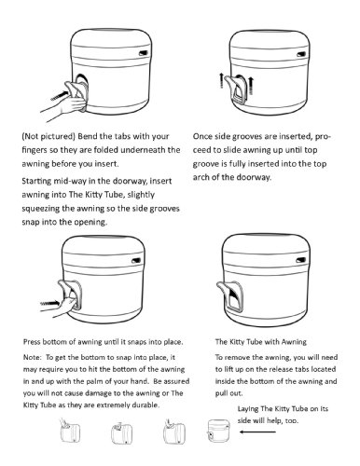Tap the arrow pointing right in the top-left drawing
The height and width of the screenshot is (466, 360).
pos(60,95)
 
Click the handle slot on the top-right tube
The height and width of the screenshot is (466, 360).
pos(300,54)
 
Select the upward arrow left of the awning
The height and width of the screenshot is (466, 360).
pos(221,80)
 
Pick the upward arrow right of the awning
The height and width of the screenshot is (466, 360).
pos(251,86)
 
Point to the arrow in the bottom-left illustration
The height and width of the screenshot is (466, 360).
pos(49,302)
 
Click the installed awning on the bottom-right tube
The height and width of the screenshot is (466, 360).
pos(230,295)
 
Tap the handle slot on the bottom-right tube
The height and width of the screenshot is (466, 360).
pos(300,260)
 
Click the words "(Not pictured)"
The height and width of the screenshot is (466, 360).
pos(48,136)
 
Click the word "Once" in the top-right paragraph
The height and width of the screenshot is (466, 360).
pos(202,136)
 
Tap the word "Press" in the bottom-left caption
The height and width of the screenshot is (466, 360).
pos(32,342)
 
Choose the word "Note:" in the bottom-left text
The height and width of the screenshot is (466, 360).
pos(32,357)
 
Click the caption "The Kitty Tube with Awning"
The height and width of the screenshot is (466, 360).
pos(261,342)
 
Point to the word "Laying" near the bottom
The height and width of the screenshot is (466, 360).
pos(248,409)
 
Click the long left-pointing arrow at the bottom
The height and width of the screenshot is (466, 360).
pos(257,432)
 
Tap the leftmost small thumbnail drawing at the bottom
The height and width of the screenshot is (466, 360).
pos(70,431)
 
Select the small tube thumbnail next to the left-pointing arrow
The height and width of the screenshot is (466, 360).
pos(218,430)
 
